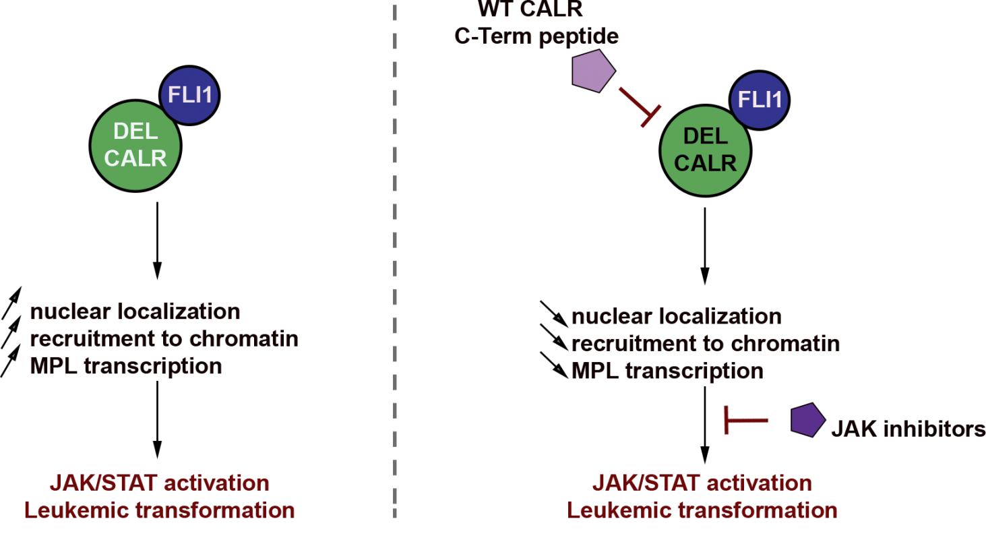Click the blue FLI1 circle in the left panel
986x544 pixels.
tap(189, 95)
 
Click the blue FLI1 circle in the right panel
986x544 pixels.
tap(760, 100)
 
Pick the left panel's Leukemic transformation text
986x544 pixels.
tap(159, 510)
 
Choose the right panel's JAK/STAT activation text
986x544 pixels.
tap(702, 483)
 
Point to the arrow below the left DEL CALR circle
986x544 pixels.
tap(157, 239)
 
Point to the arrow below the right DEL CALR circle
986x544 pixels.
tap(705, 245)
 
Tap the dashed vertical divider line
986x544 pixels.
tap(395, 270)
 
